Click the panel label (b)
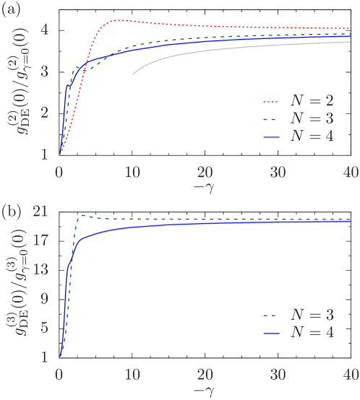10,212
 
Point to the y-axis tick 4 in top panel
45,30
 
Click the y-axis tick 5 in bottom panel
45,328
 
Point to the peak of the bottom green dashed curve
83,215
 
